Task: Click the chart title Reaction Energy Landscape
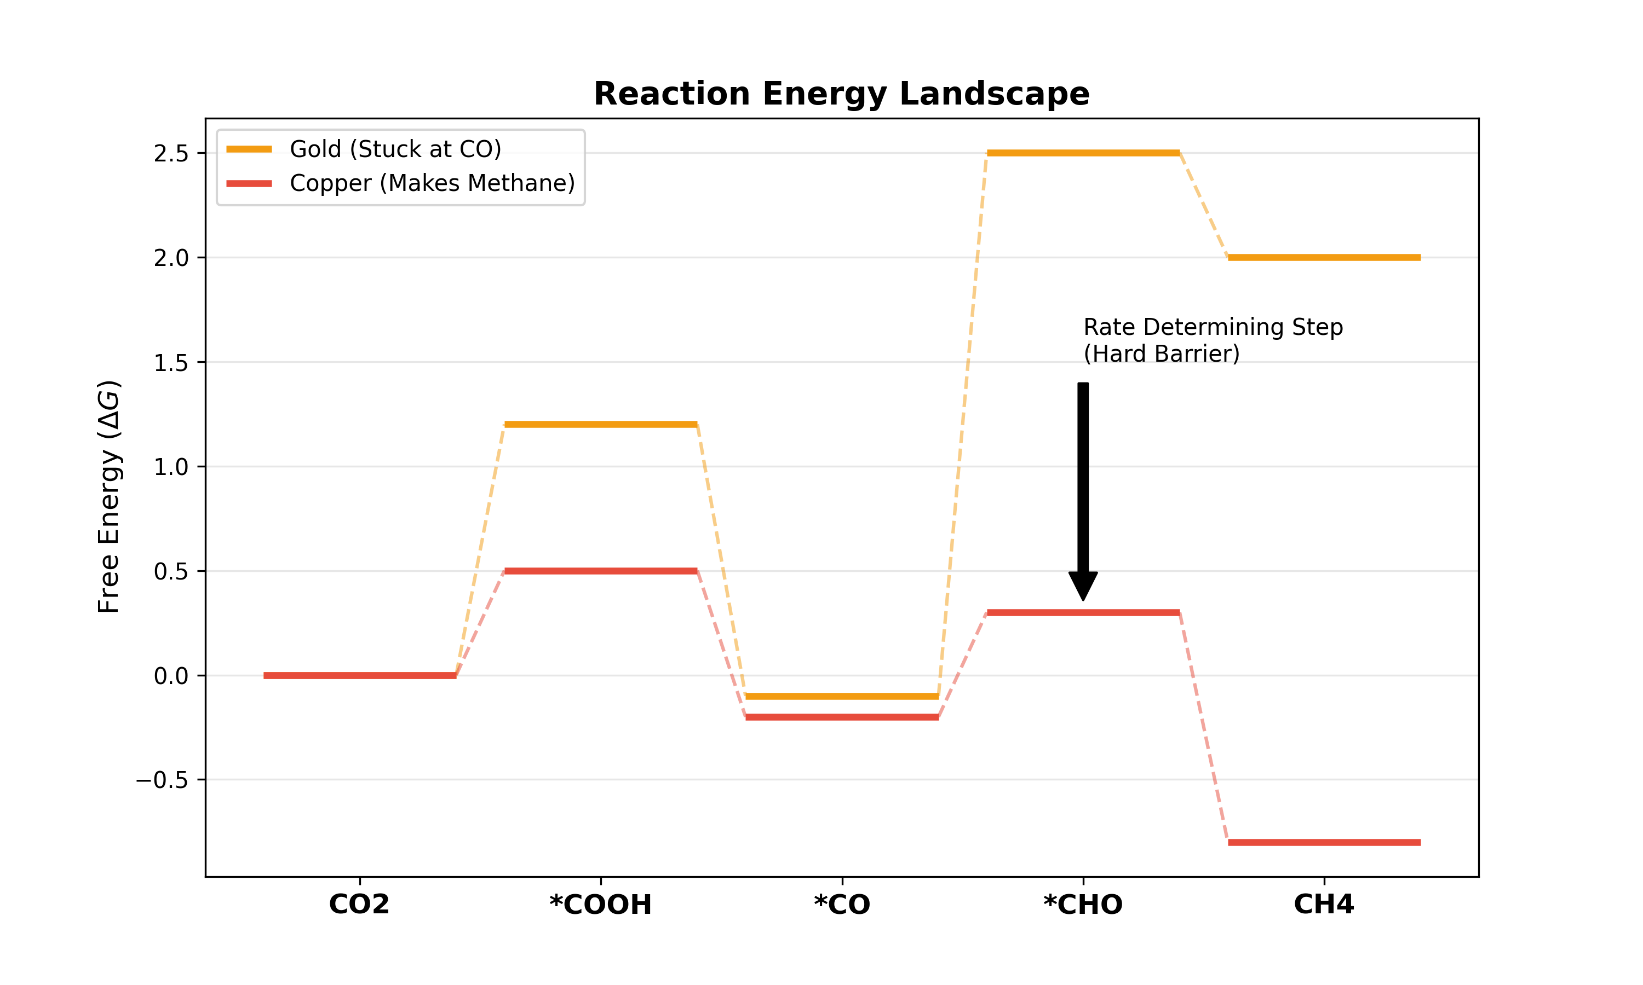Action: point(841,94)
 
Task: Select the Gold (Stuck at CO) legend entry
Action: point(395,149)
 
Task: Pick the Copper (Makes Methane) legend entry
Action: point(432,183)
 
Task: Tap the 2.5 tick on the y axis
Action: point(171,153)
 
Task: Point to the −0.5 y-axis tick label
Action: point(162,780)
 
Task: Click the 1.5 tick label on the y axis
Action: point(171,363)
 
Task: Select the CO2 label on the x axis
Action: point(359,905)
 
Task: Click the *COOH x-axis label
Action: point(600,905)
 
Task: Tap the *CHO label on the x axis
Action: point(1083,905)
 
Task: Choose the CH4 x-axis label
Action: point(1324,905)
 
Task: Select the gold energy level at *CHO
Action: point(1083,153)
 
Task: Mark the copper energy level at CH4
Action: point(1324,842)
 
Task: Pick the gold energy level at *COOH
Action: point(600,424)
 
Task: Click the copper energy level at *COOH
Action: point(600,571)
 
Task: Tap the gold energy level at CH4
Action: point(1324,258)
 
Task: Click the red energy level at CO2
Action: point(359,676)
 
